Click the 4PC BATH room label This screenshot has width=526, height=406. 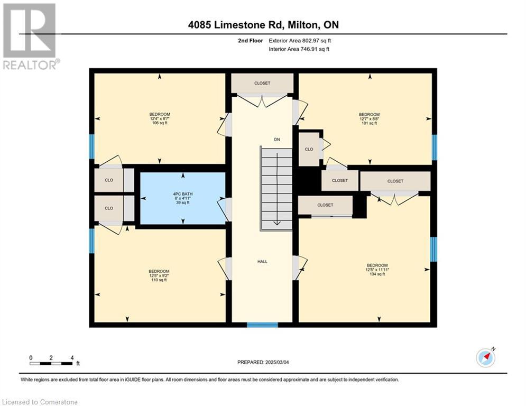(x=183, y=198)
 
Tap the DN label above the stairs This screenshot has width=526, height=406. (x=277, y=139)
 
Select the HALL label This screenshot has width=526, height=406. (x=262, y=261)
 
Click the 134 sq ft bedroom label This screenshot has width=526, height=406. (x=377, y=270)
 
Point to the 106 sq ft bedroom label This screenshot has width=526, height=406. (x=160, y=118)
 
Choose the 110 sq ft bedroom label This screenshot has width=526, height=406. (x=159, y=275)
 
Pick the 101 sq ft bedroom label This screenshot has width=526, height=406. (x=369, y=119)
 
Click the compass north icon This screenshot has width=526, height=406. (x=486, y=357)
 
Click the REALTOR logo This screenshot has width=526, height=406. (x=30, y=36)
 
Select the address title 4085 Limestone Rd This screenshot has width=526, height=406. (x=263, y=25)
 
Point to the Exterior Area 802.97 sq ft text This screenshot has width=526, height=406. (x=300, y=41)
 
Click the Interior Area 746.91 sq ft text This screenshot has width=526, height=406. (x=299, y=49)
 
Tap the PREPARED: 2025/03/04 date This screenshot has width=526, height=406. (x=263, y=362)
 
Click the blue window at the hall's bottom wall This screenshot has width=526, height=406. (x=262, y=325)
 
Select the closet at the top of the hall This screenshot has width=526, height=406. (x=262, y=83)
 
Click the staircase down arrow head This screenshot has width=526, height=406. (x=277, y=223)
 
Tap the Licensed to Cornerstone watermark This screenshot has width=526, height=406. (x=40, y=402)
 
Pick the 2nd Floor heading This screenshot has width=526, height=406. (x=250, y=41)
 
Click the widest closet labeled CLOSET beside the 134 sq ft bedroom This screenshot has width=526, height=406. (x=395, y=181)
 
